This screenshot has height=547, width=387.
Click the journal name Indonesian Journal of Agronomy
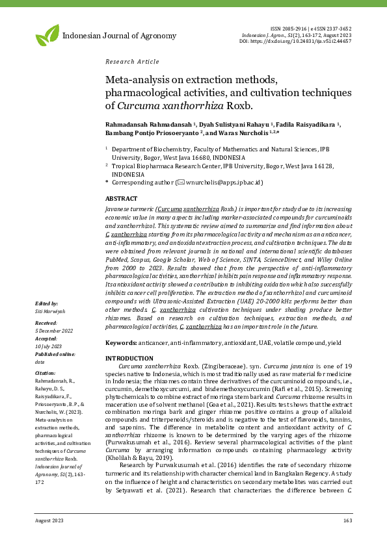(x=119, y=35)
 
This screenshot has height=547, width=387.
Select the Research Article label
(x=132, y=62)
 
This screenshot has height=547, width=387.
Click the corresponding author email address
(x=222, y=183)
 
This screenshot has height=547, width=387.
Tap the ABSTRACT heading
(x=121, y=198)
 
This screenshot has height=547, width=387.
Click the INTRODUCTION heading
(x=129, y=359)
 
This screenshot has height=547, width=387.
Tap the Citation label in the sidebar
(x=46, y=373)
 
